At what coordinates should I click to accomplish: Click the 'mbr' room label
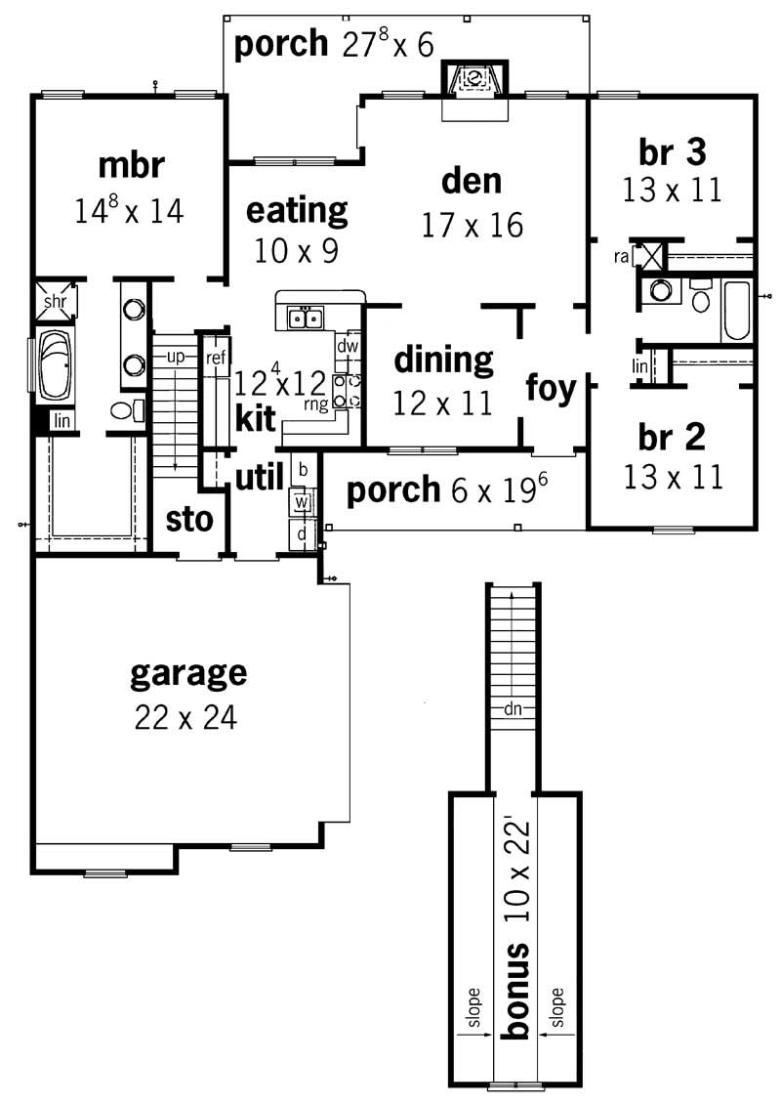130,166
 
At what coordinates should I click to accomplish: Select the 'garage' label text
188,673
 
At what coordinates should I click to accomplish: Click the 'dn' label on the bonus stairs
513,710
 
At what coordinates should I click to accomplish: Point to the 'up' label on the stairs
176,357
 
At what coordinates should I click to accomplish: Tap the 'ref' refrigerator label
216,359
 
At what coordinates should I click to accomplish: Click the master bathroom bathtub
51,365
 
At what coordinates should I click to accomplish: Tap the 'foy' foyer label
551,387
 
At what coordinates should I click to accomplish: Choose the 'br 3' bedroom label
672,151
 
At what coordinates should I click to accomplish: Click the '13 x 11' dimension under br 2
673,476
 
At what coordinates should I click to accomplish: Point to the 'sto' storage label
189,520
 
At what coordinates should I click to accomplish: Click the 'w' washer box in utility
302,502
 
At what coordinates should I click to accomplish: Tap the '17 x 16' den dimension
473,226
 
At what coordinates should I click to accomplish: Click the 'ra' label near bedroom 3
621,256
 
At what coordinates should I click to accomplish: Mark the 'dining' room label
443,361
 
